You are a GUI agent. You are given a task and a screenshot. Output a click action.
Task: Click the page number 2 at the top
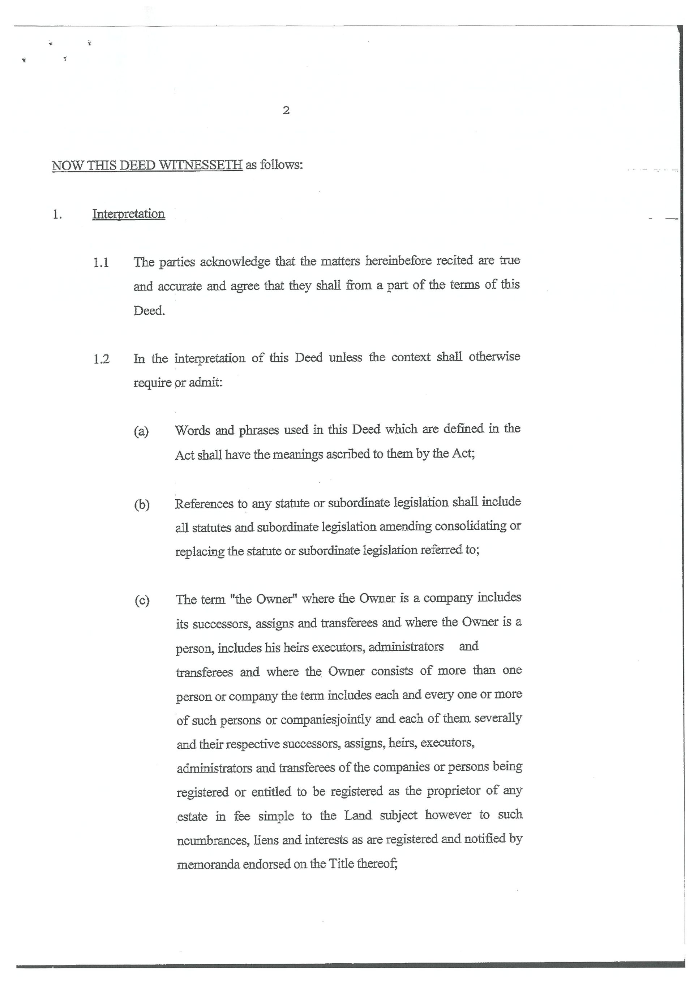[x=286, y=110]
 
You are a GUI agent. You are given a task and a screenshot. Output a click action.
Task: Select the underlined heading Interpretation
[x=128, y=214]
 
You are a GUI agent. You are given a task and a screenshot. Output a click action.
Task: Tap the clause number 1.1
[x=101, y=262]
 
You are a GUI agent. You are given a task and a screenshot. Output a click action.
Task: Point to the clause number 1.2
[x=101, y=359]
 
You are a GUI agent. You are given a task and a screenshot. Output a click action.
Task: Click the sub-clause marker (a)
[x=141, y=431]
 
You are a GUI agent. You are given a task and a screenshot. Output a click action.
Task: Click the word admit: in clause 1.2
[x=206, y=382]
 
